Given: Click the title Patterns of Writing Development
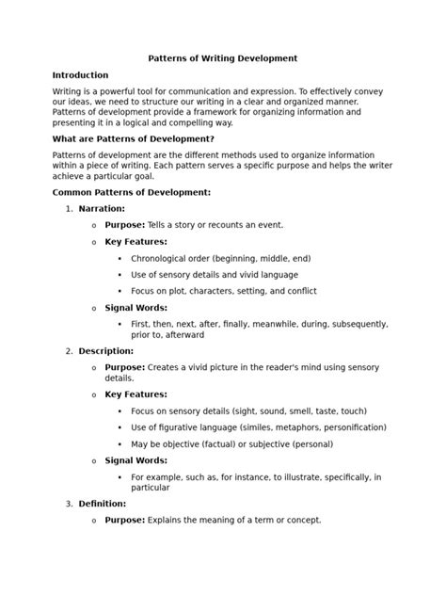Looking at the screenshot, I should (223, 58).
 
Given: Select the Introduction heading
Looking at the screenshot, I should (80, 75).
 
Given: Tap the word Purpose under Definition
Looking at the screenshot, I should (125, 520).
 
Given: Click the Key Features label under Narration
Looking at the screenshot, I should (135, 242).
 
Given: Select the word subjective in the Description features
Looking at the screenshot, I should (273, 444).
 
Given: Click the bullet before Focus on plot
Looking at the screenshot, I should (119, 291).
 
